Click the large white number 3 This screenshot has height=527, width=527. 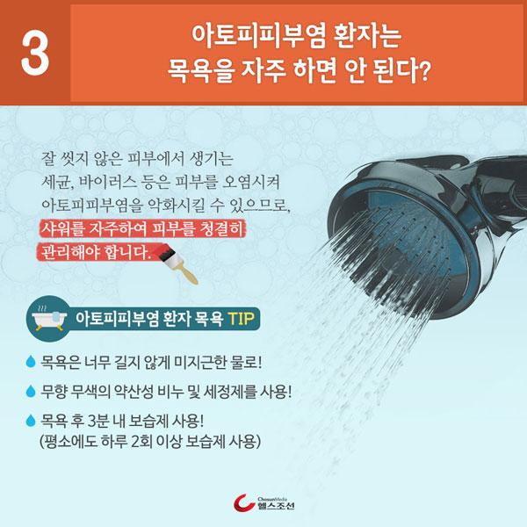pyautogui.click(x=35, y=53)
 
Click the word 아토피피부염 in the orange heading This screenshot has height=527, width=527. pyautogui.click(x=258, y=35)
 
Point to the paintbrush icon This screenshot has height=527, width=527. pyautogui.click(x=177, y=264)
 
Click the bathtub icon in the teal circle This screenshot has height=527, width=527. pyautogui.click(x=49, y=318)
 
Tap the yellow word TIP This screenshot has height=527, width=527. pyautogui.click(x=241, y=318)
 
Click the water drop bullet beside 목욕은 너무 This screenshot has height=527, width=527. pyautogui.click(x=31, y=361)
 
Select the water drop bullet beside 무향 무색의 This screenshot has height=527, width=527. pyautogui.click(x=31, y=391)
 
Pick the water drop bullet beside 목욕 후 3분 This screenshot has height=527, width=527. pyautogui.click(x=31, y=420)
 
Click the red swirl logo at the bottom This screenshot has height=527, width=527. pyautogui.click(x=243, y=503)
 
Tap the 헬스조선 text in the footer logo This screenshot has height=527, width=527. pyautogui.click(x=276, y=506)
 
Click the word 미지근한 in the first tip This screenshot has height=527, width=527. pyautogui.click(x=199, y=362)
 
